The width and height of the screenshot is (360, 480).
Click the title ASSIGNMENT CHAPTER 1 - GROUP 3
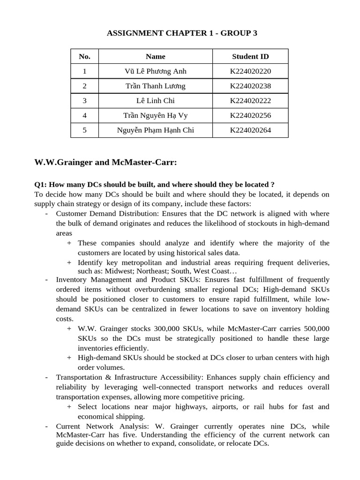pyautogui.click(x=182, y=33)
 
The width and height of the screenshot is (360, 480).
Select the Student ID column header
pyautogui.click(x=250, y=57)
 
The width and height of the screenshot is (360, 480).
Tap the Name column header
pyautogui.click(x=156, y=57)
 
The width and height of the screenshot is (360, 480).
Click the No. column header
pyautogui.click(x=84, y=57)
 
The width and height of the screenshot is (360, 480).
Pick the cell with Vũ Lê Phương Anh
pyautogui.click(x=156, y=71)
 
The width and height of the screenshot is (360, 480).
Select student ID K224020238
pyautogui.click(x=250, y=86)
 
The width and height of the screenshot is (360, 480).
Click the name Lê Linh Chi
pyautogui.click(x=156, y=101)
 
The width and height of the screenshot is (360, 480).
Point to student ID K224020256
pyautogui.click(x=250, y=116)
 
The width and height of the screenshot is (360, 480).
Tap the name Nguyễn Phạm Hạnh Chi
pyautogui.click(x=156, y=130)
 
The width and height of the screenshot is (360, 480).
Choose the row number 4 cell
pyautogui.click(x=84, y=116)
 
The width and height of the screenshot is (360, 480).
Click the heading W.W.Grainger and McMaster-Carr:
pyautogui.click(x=105, y=163)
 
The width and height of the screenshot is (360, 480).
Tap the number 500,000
pyautogui.click(x=314, y=329)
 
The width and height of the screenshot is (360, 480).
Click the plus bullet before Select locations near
pyautogui.click(x=69, y=407)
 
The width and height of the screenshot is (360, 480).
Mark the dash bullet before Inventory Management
pyautogui.click(x=46, y=280)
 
